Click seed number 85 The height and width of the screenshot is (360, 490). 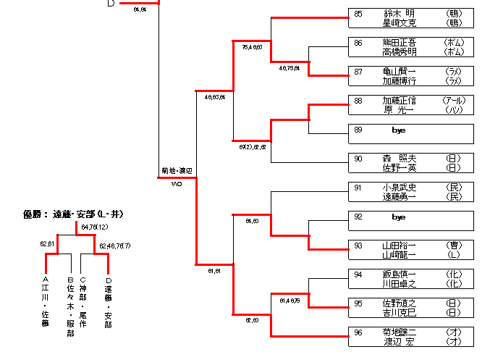(x=358, y=13)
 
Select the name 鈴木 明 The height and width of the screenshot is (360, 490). (x=399, y=13)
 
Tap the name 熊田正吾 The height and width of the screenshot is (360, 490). (x=399, y=43)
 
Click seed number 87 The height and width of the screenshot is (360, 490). (x=358, y=72)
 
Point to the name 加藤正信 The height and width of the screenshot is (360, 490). (x=399, y=101)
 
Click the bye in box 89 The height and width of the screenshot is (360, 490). (x=399, y=130)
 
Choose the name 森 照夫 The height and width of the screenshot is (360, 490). (x=399, y=159)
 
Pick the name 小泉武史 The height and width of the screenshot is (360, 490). (x=399, y=188)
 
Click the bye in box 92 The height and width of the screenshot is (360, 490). (x=399, y=217)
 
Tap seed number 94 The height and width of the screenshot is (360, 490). (x=358, y=275)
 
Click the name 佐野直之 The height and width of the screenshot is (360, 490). (x=399, y=304)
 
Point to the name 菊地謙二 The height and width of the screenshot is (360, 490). (x=399, y=332)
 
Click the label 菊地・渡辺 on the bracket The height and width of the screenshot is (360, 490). (x=176, y=172)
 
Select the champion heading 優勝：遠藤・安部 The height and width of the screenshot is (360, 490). (x=73, y=214)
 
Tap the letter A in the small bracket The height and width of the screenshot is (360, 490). (x=45, y=279)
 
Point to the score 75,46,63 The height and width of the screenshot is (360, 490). (x=252, y=47)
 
